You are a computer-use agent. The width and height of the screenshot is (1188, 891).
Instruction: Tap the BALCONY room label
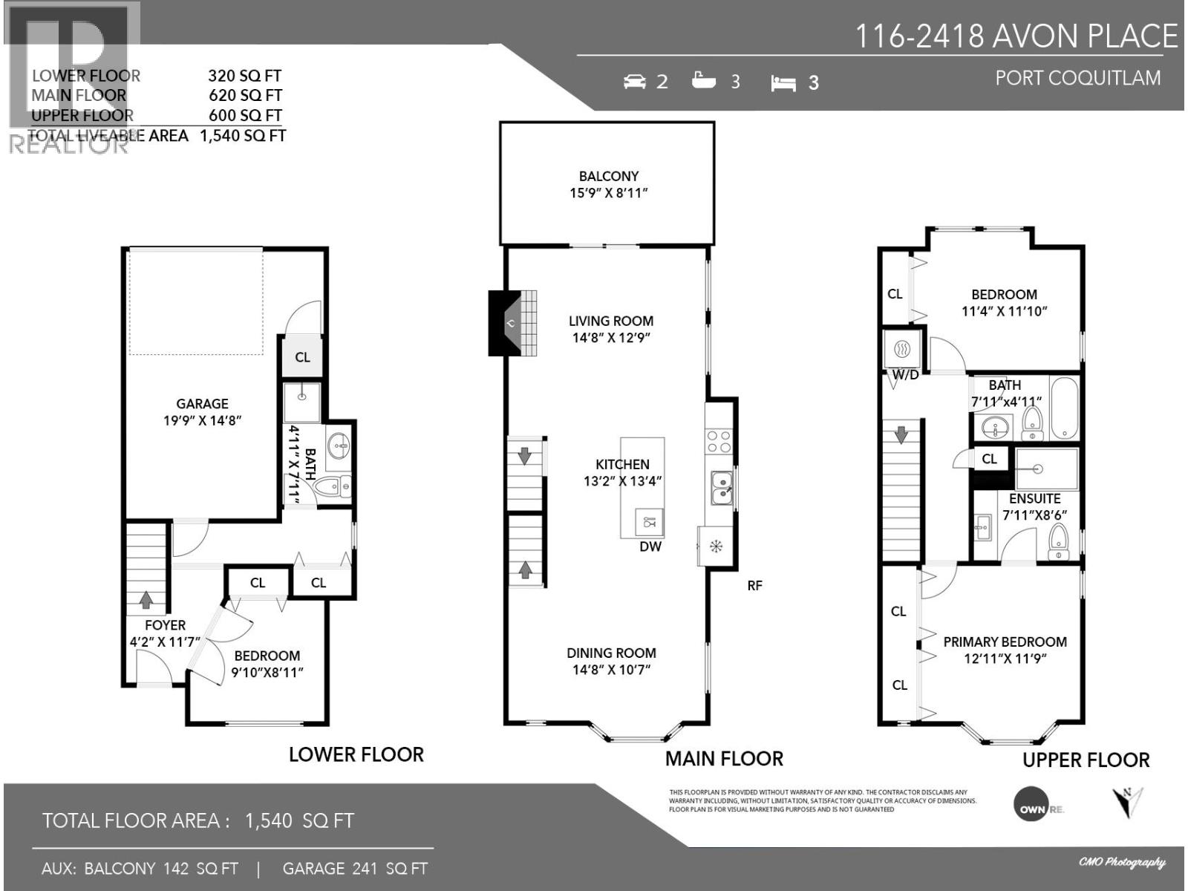[x=609, y=177]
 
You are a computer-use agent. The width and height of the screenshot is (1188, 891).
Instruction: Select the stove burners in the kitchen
[x=719, y=442]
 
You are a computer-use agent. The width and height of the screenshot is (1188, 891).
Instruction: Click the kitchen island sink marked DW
[x=650, y=522]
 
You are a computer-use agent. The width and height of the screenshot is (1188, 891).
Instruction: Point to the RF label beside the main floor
[x=754, y=586]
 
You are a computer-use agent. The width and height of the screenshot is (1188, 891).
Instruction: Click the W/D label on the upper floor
[x=905, y=376]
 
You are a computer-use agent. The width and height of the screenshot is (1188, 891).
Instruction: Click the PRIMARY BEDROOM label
[x=1005, y=642]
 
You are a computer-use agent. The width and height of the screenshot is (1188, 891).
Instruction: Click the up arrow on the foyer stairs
[x=146, y=599]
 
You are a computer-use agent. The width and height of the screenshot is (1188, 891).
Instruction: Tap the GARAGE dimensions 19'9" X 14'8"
[x=202, y=421]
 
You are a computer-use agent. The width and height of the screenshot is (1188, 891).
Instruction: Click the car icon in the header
[x=635, y=82]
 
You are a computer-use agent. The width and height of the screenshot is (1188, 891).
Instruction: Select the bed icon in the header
[x=783, y=83]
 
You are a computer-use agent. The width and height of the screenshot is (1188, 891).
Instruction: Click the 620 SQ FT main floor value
[x=245, y=96]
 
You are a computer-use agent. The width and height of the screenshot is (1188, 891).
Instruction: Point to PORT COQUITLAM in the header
[x=1077, y=78]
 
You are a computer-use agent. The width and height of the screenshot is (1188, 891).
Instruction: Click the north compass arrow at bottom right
[x=1127, y=802]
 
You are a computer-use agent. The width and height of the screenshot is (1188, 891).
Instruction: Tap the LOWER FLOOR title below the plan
[x=356, y=755]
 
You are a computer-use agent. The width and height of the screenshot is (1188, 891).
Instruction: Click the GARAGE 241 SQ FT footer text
[x=355, y=869]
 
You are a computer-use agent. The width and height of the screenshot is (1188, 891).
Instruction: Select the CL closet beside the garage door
[x=302, y=357]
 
